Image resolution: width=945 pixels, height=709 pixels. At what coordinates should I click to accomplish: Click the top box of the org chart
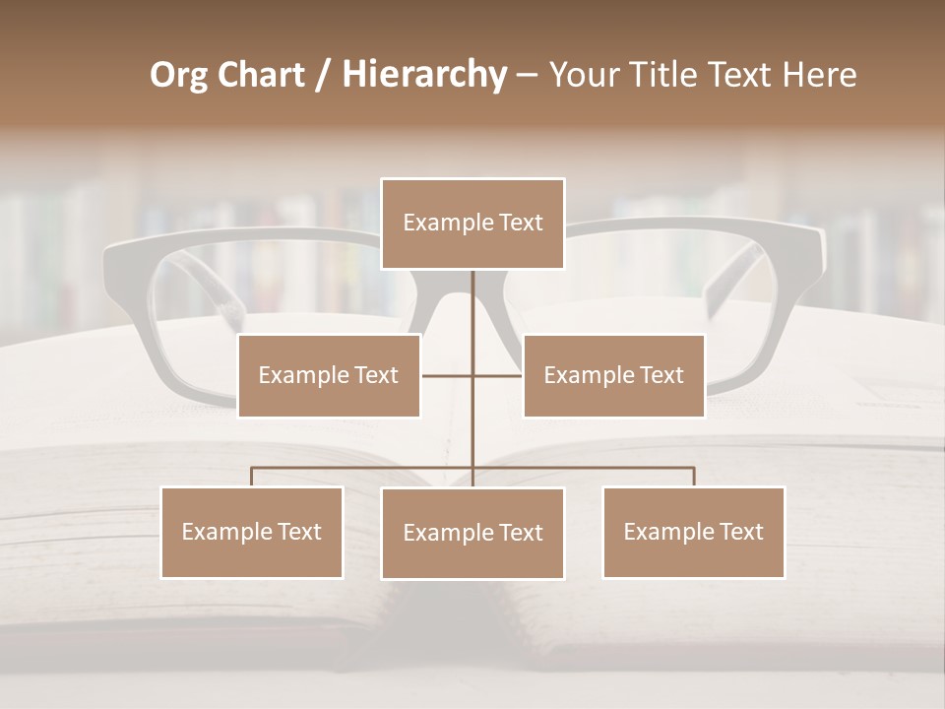click(x=472, y=224)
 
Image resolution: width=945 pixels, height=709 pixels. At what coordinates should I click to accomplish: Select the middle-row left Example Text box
click(x=329, y=375)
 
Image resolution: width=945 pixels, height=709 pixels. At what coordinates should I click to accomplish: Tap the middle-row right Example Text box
click(x=613, y=375)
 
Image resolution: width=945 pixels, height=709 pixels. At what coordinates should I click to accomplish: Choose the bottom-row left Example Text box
click(x=252, y=532)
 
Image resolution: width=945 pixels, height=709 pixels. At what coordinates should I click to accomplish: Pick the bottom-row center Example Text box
click(x=472, y=533)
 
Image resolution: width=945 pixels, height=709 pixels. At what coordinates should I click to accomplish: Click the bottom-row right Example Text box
click(x=693, y=532)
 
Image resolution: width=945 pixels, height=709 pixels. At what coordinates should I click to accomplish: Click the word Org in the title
click(x=178, y=75)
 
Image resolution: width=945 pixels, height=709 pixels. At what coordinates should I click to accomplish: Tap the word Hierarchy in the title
click(x=424, y=75)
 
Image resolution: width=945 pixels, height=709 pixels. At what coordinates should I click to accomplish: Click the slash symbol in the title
click(x=322, y=76)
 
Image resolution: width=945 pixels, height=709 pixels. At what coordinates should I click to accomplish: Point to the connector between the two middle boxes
click(x=472, y=375)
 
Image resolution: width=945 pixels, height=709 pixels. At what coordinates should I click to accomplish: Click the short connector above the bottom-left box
click(x=252, y=477)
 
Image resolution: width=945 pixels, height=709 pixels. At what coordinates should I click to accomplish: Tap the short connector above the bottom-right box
click(x=694, y=477)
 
